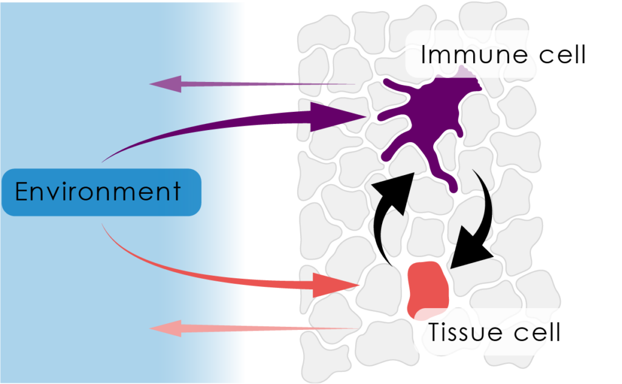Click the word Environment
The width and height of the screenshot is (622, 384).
point(98,192)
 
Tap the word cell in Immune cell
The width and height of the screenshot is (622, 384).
point(559,55)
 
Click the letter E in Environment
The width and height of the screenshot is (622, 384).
point(22,192)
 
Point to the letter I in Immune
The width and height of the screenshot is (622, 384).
point(424,55)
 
